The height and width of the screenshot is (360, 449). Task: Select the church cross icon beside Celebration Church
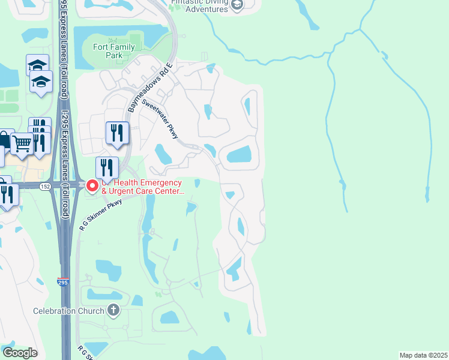pos(113,310)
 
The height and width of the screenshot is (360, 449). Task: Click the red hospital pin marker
pos(92,186)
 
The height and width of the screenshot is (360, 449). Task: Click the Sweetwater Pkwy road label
pos(169,119)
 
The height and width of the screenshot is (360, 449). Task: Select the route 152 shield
pos(46,187)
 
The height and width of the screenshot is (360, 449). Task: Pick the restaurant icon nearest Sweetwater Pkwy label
pos(116,133)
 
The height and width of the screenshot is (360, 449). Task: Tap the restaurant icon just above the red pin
pos(107,166)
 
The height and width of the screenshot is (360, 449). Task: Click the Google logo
pos(20,353)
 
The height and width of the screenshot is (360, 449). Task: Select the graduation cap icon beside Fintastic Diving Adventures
pos(238,5)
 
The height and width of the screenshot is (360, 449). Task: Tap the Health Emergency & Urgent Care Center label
pos(142,187)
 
